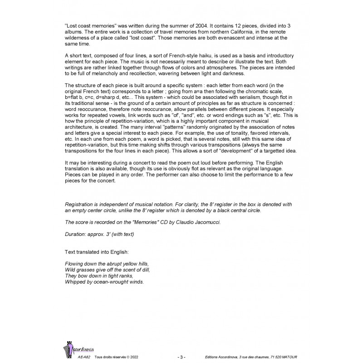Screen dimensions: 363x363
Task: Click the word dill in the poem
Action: pyautogui.click(x=145, y=270)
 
